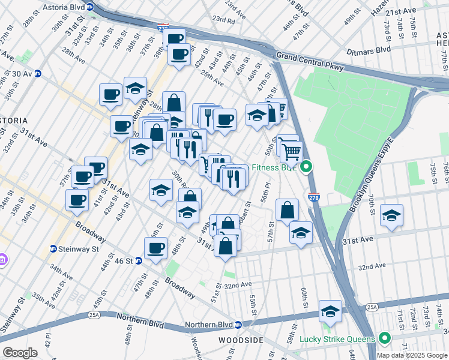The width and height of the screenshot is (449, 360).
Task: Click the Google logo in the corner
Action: point(20,352)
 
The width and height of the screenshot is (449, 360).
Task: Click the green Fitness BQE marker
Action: point(306,167)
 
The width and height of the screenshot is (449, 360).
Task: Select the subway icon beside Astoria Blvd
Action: point(90,7)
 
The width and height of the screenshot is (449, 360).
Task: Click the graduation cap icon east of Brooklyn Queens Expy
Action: point(391,215)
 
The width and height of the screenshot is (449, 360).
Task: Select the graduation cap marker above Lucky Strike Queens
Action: point(330,311)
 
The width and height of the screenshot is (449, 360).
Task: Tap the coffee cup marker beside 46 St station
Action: point(156,248)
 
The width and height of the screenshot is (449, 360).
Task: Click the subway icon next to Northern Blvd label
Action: point(238,325)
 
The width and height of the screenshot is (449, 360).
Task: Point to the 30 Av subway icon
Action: point(37,74)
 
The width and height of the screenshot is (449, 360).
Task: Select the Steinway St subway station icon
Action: point(53,248)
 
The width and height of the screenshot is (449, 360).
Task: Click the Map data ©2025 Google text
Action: point(412,355)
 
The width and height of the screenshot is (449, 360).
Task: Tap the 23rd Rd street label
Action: point(223,20)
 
